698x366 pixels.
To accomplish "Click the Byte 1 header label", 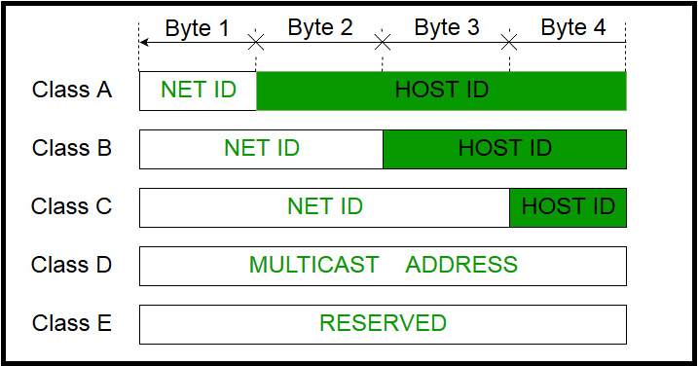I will [198, 27].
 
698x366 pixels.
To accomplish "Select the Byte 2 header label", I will [320, 27].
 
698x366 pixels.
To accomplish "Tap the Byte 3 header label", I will [447, 27].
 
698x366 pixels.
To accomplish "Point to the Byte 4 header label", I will [573, 27].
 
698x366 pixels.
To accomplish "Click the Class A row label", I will [72, 91].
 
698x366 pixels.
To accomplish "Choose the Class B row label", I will [72, 149].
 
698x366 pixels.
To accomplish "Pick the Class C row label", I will [72, 207].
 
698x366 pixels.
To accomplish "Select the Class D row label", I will [72, 265].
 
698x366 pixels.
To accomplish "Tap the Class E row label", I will [72, 323].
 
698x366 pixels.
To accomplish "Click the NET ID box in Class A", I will [199, 91].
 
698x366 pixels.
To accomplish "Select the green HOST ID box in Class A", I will [441, 91].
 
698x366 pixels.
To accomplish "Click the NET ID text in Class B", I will [262, 149].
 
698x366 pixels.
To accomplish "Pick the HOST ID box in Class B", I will [504, 149].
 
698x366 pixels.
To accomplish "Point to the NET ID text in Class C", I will [325, 207].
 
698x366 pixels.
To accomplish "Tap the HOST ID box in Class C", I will [568, 207].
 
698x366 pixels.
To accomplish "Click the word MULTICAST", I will [313, 265].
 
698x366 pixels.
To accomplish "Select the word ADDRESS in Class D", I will [461, 265].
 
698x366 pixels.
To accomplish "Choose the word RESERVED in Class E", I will [383, 323].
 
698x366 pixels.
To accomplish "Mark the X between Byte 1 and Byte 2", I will [256, 42].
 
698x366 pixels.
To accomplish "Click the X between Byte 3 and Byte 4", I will [509, 42].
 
